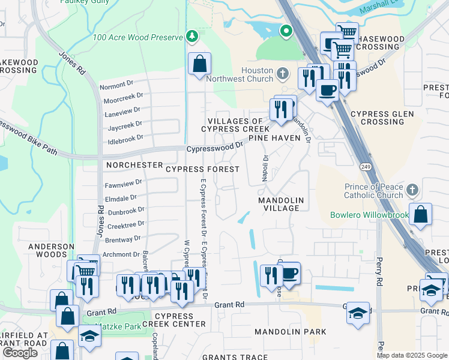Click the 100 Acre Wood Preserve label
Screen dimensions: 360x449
point(137,38)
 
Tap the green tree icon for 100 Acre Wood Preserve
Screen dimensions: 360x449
point(192,37)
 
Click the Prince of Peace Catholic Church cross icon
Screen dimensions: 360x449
point(411,191)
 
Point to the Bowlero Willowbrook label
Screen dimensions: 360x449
point(369,215)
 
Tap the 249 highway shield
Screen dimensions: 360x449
point(364,166)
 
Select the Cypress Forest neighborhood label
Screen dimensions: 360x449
point(202,169)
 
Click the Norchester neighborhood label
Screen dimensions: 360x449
point(134,164)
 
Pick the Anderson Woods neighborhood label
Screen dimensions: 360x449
point(50,250)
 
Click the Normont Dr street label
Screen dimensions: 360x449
point(119,86)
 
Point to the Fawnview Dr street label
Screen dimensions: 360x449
point(124,182)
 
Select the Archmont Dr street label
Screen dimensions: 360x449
point(122,254)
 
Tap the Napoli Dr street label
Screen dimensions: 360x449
point(264,166)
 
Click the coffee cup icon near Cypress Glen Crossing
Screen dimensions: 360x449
point(327,90)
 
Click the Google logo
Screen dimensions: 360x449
point(20,353)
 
